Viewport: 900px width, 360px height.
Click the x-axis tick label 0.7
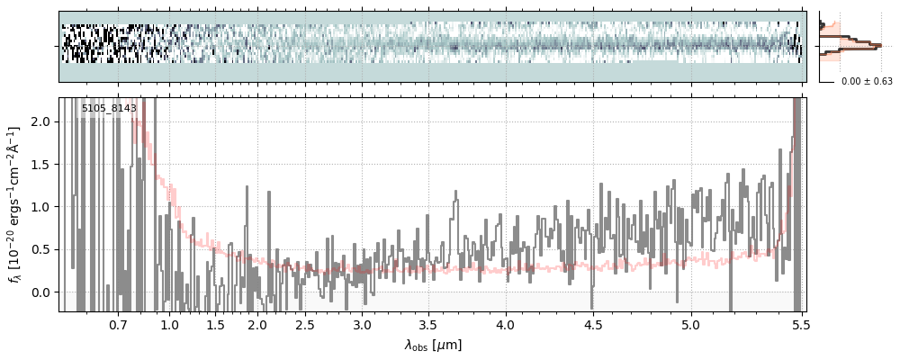click(x=118, y=324)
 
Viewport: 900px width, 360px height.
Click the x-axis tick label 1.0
click(x=169, y=324)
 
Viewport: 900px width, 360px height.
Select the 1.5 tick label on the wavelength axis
click(x=215, y=324)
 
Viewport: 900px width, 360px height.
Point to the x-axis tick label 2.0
click(x=257, y=324)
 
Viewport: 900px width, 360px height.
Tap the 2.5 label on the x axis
click(x=305, y=324)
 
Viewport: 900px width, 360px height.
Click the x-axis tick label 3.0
click(x=362, y=324)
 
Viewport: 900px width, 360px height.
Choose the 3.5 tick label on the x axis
click(x=430, y=324)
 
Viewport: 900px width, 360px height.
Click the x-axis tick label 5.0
click(x=690, y=324)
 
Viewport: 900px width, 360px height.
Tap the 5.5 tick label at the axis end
click(x=795, y=324)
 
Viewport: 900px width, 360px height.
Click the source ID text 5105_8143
click(x=109, y=109)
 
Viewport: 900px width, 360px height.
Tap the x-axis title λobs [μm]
click(x=433, y=345)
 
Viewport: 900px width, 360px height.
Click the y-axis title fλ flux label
click(x=15, y=204)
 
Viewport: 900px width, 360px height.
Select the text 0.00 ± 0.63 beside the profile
click(x=867, y=82)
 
